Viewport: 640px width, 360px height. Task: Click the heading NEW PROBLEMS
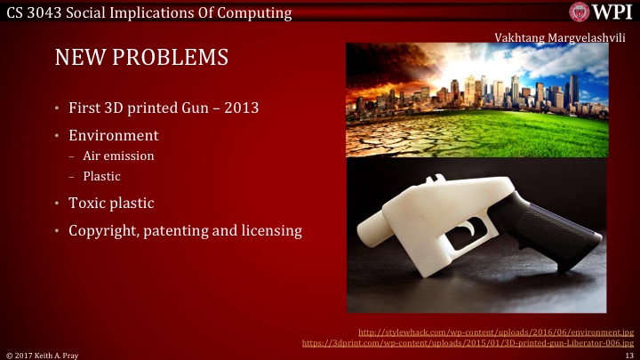coord(141,58)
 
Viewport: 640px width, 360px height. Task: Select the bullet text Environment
coord(114,136)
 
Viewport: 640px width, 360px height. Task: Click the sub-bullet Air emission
coord(118,156)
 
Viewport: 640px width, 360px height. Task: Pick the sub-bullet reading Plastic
coord(102,176)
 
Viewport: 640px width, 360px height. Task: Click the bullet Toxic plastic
coord(111,204)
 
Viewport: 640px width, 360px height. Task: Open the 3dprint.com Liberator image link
coord(468,342)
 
